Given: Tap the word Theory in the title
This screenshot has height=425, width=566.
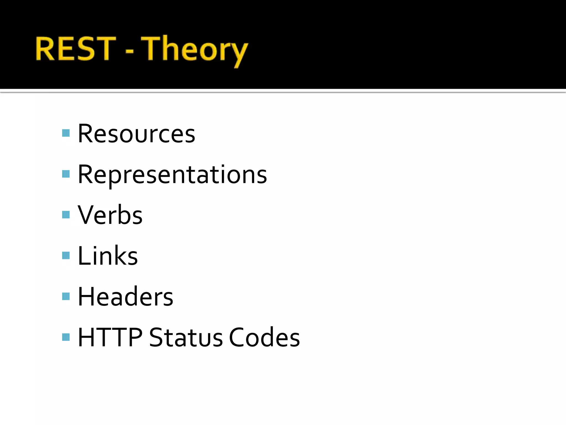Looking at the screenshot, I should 195,50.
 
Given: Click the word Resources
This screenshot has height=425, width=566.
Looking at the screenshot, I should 137,134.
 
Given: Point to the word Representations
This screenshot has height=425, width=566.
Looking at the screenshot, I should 172,175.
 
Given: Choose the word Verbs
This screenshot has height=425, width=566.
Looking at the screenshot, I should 110,215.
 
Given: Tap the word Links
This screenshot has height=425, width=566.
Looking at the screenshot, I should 108,256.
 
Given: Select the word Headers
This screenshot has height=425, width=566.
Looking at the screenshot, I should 125,297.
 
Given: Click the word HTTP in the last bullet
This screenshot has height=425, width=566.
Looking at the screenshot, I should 110,337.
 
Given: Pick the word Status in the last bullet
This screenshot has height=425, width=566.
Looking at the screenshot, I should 186,337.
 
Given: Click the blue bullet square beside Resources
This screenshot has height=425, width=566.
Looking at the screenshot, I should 66,133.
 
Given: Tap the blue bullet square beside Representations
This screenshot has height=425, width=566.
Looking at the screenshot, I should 66,174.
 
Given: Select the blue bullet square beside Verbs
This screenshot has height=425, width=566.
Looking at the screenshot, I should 66,215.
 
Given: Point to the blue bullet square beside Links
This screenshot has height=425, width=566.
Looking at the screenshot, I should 66,255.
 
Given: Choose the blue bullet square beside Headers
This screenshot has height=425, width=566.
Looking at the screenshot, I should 66,296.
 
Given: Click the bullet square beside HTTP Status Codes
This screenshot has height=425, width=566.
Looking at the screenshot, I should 66,337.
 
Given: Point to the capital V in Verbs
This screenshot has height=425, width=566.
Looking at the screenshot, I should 86,215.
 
